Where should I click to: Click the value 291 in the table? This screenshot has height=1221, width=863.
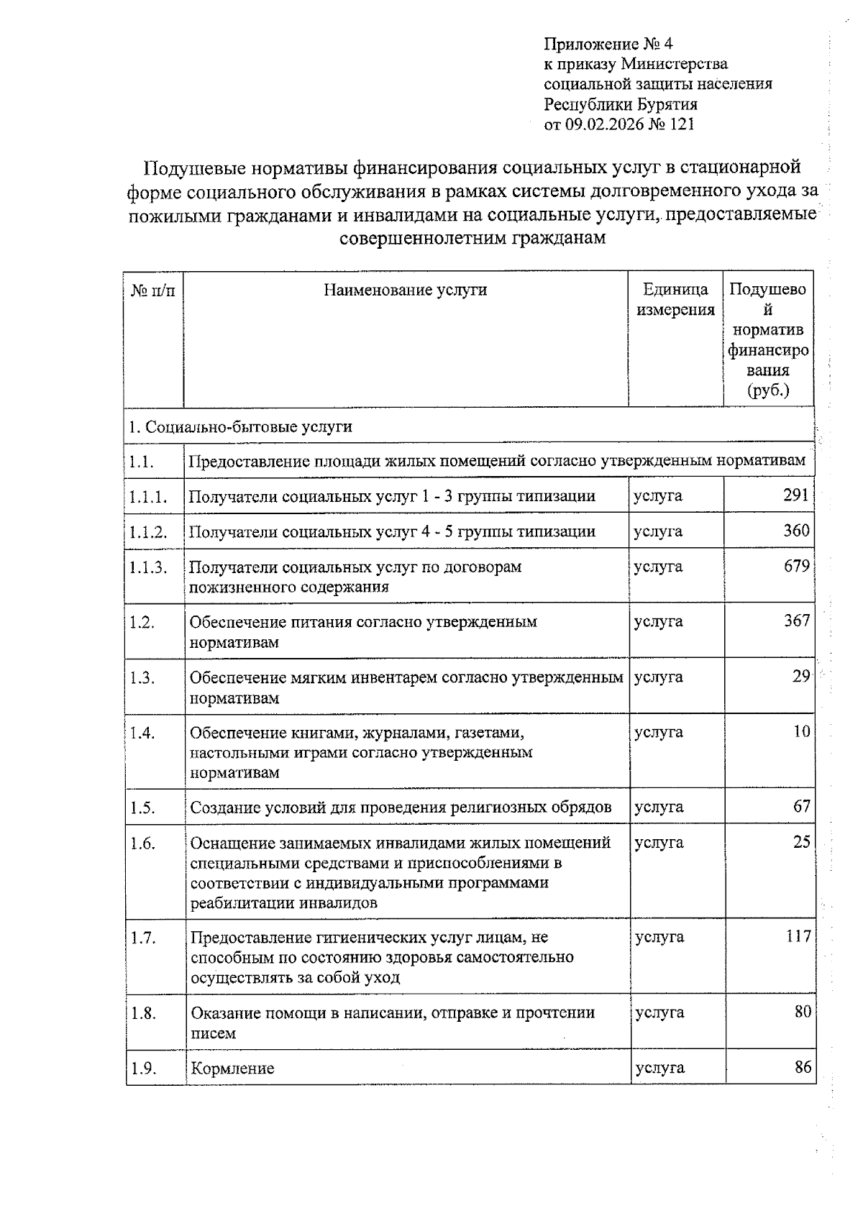[x=796, y=495]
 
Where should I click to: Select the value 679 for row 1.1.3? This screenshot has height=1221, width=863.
[x=796, y=566]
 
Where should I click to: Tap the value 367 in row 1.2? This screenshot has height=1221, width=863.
[x=796, y=621]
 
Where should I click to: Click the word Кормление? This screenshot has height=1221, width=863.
[x=232, y=1069]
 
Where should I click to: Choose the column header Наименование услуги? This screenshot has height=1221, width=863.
[x=405, y=290]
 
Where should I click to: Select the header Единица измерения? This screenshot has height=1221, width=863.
[x=675, y=300]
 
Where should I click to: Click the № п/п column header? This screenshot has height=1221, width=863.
[x=152, y=290]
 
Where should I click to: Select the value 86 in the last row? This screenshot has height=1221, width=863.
[x=803, y=1067]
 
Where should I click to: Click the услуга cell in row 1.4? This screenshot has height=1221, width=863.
[x=658, y=732]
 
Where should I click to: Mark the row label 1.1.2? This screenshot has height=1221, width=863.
[x=148, y=532]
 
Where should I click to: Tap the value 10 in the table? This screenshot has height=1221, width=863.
[x=801, y=732]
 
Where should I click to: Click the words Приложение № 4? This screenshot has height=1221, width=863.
[x=608, y=44]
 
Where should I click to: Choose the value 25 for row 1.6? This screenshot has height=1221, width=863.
[x=801, y=842]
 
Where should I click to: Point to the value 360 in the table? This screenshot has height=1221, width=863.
[x=796, y=531]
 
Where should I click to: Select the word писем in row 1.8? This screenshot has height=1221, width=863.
[x=213, y=1033]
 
